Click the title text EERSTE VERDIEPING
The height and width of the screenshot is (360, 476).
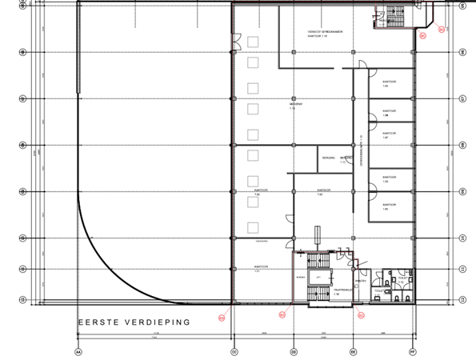[133, 322]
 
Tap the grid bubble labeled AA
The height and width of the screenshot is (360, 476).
[78, 351]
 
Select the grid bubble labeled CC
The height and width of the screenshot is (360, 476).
[234, 351]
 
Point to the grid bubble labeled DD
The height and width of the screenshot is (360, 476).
[294, 351]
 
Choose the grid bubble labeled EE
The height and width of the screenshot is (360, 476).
[353, 351]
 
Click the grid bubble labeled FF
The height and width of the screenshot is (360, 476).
[414, 351]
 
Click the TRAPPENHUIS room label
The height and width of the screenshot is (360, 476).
[342, 292]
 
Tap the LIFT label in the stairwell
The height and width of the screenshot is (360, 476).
[318, 277]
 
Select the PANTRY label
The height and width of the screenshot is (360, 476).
[361, 281]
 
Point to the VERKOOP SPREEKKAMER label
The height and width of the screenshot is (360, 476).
[324, 33]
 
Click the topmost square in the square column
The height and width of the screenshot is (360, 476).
[253, 41]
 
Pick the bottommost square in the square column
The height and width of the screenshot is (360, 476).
[253, 225]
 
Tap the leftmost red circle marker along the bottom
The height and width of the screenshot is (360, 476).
[221, 318]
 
